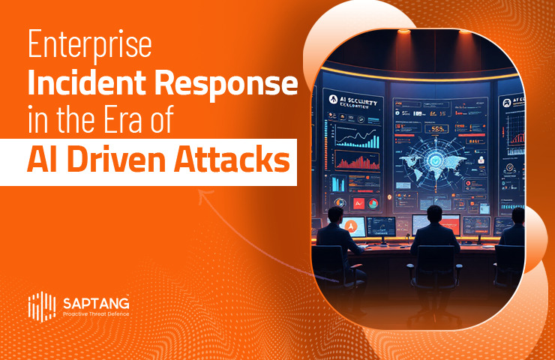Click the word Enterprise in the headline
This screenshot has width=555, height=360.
[90, 47]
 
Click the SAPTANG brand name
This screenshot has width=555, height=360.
[95, 303]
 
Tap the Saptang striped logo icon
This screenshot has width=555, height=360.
[41, 305]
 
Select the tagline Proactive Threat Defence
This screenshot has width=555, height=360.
[95, 314]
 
